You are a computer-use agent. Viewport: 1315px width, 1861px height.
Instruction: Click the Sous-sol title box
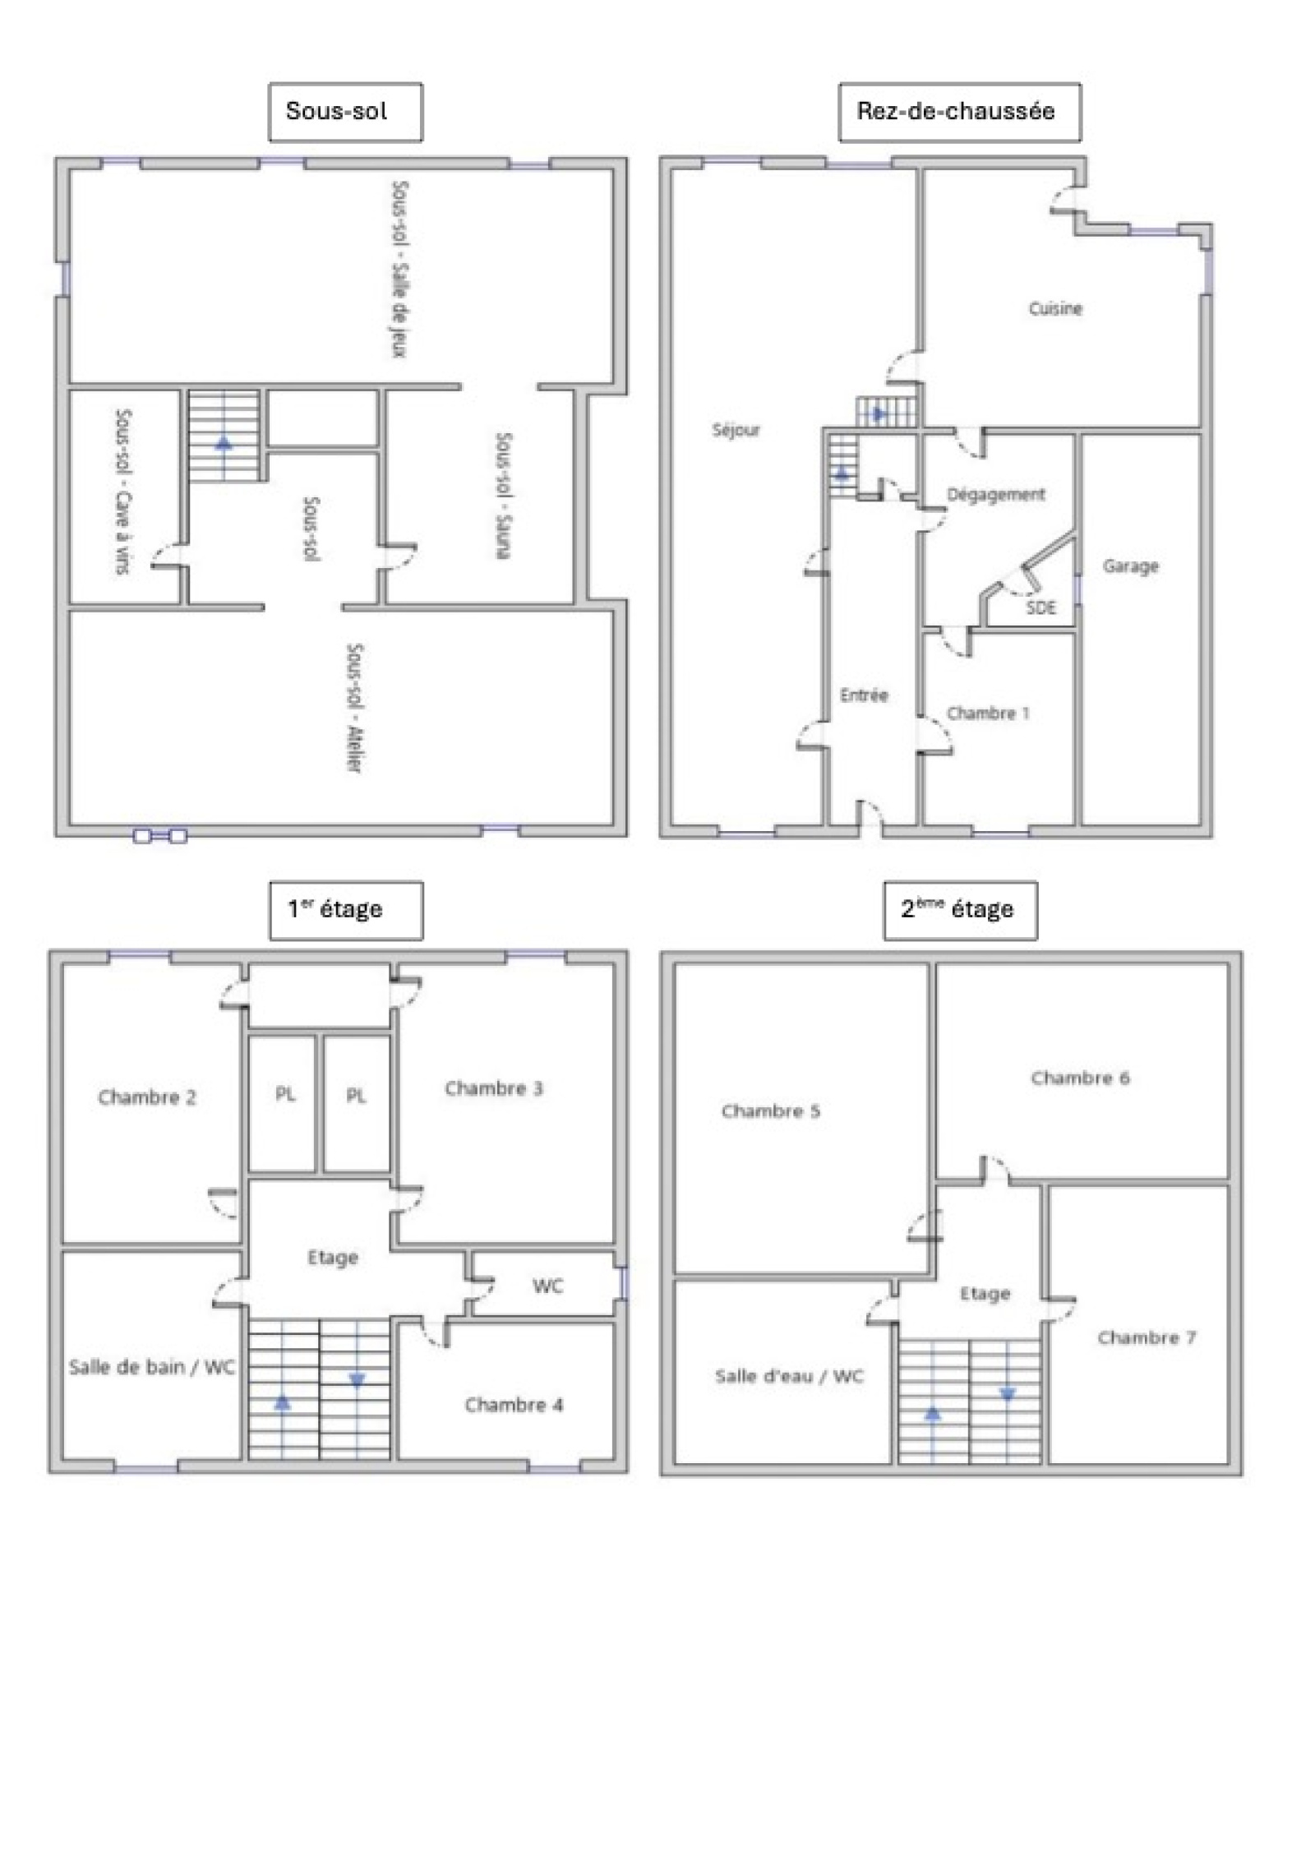pyautogui.click(x=345, y=112)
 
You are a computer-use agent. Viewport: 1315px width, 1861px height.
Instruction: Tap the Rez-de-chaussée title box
pyautogui.click(x=959, y=112)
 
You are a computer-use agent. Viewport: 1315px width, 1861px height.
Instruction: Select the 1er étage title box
pyautogui.click(x=346, y=910)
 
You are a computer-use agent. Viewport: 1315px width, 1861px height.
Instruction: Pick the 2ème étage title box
pyautogui.click(x=960, y=910)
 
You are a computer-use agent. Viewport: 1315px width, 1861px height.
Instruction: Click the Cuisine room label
pyautogui.click(x=1055, y=308)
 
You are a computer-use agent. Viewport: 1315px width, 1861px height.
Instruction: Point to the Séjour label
pyautogui.click(x=736, y=430)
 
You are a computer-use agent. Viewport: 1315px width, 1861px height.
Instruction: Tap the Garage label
pyautogui.click(x=1130, y=566)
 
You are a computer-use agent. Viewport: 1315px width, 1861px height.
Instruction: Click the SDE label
pyautogui.click(x=1040, y=607)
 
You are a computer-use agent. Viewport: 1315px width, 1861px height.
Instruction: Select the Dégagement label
pyautogui.click(x=996, y=495)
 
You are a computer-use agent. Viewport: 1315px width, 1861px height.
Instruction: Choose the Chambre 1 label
pyautogui.click(x=988, y=713)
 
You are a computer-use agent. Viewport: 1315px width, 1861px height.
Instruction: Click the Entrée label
pyautogui.click(x=864, y=695)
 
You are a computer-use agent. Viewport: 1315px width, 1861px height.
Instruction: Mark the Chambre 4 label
pyautogui.click(x=514, y=1405)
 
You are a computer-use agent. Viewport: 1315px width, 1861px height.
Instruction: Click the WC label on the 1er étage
pyautogui.click(x=547, y=1286)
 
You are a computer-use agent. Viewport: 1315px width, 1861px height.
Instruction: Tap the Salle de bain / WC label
pyautogui.click(x=151, y=1367)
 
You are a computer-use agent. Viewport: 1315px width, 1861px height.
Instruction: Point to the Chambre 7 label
pyautogui.click(x=1147, y=1337)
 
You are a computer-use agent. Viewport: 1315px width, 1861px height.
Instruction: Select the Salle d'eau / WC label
pyautogui.click(x=789, y=1376)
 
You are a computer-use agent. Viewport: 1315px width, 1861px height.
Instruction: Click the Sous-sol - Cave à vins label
pyautogui.click(x=123, y=492)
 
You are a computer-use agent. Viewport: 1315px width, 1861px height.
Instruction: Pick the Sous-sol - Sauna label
pyautogui.click(x=504, y=496)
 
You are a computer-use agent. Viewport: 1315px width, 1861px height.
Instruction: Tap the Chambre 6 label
pyautogui.click(x=1080, y=1078)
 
